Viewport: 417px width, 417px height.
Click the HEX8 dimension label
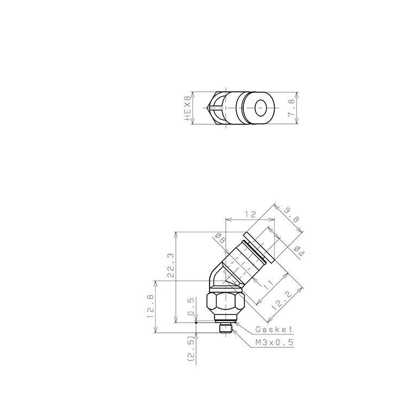pyautogui.click(x=188, y=108)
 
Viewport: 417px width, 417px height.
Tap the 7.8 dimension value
pyautogui.click(x=291, y=108)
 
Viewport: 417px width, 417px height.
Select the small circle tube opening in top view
pyautogui.click(x=261, y=108)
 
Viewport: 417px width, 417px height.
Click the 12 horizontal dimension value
pyautogui.click(x=250, y=214)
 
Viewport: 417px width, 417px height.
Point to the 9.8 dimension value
pyautogui.click(x=292, y=214)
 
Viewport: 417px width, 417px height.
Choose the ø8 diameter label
pyautogui.click(x=220, y=237)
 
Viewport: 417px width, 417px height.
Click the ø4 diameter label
pyautogui.click(x=299, y=251)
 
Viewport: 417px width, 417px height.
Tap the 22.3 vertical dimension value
pyautogui.click(x=170, y=265)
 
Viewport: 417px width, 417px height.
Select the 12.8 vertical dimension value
pyautogui.click(x=150, y=306)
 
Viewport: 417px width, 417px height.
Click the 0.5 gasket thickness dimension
pyautogui.click(x=191, y=307)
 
